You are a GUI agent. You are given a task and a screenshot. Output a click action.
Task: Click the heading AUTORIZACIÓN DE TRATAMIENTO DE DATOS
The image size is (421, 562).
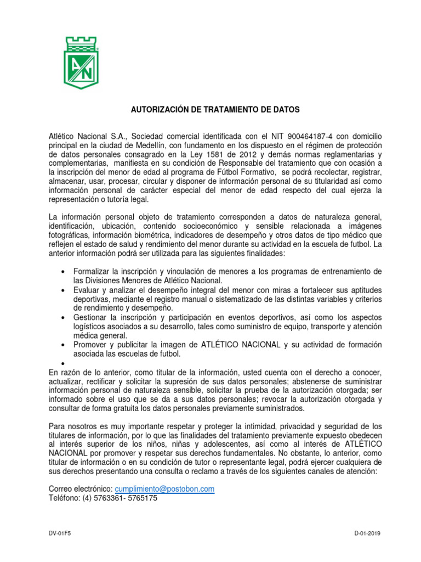click(x=215, y=110)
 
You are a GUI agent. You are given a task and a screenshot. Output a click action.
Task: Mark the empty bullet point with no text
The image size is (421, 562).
click(x=65, y=364)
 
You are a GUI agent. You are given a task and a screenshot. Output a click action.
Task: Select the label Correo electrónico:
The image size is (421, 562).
click(x=81, y=489)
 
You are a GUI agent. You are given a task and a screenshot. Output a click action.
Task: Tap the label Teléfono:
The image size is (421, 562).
click(x=66, y=498)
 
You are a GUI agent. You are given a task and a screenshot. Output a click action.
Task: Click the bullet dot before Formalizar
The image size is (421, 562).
click(x=65, y=273)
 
